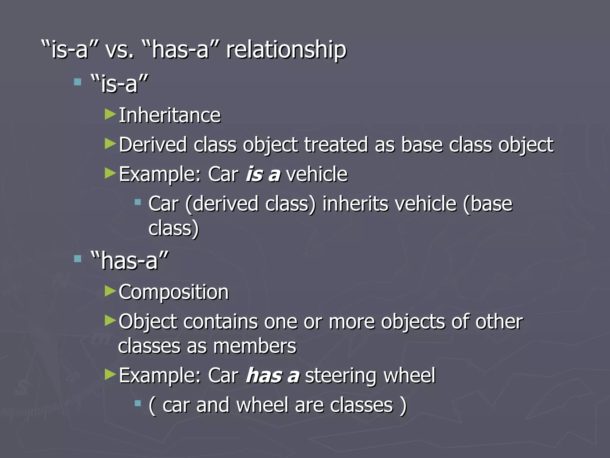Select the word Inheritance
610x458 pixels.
point(170,115)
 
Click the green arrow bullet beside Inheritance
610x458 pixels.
point(110,114)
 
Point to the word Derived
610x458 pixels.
point(152,145)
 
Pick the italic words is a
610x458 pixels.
point(263,174)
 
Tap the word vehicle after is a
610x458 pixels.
point(317,174)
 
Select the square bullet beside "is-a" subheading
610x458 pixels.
point(78,82)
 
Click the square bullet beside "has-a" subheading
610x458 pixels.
point(78,259)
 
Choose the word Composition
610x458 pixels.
point(174,292)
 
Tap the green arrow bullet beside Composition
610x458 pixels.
point(110,291)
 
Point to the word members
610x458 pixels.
point(255,346)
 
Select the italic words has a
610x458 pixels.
point(272,376)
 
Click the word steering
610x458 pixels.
point(341,376)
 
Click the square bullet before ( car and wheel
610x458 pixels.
point(138,404)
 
